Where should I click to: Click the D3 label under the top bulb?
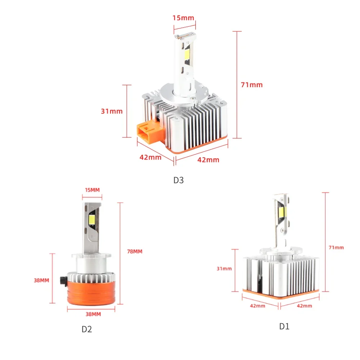[x=179, y=180]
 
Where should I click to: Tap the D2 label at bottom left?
[x=86, y=329]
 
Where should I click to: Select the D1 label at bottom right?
[x=284, y=327]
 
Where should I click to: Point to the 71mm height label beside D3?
[x=252, y=85]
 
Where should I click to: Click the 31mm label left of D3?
[x=112, y=111]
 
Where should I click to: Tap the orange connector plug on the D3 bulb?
[x=148, y=130]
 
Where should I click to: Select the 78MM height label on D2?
[x=135, y=251]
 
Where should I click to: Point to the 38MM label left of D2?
[x=42, y=280]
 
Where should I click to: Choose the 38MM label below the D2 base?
[x=93, y=314]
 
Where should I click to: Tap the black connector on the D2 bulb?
[x=64, y=280]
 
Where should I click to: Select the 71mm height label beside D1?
[x=336, y=247]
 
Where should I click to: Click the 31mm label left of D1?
[x=224, y=268]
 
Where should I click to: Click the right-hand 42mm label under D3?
[x=208, y=160]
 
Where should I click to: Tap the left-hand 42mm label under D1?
[x=258, y=306]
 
